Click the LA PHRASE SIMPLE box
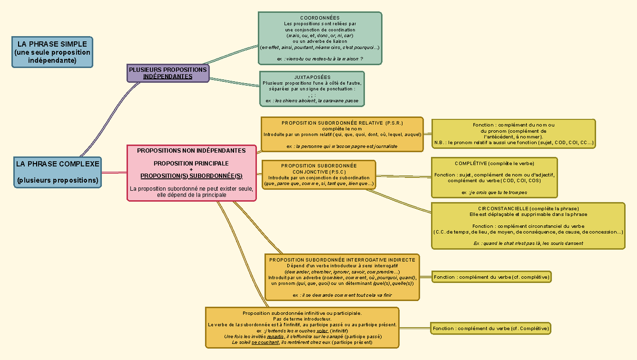[x=53, y=52]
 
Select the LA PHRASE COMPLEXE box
[x=57, y=172]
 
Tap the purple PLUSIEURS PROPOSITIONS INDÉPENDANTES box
[x=168, y=73]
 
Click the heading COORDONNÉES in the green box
[x=320, y=18]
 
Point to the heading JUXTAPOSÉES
[x=312, y=78]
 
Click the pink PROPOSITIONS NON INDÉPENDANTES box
[x=191, y=173]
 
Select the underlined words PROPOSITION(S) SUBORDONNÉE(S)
[x=191, y=176]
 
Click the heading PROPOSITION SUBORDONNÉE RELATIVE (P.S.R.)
[x=342, y=123]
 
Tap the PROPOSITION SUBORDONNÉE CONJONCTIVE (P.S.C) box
[x=319, y=175]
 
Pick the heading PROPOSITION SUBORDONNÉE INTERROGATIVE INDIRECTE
[x=342, y=260]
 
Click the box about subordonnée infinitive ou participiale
[x=302, y=328]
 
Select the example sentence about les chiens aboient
[x=312, y=100]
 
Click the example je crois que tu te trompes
[x=494, y=192]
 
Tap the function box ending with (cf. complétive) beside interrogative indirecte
[x=491, y=277]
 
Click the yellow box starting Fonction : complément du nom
[x=513, y=134]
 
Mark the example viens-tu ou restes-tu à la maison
[x=320, y=58]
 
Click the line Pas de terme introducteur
[x=302, y=319]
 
